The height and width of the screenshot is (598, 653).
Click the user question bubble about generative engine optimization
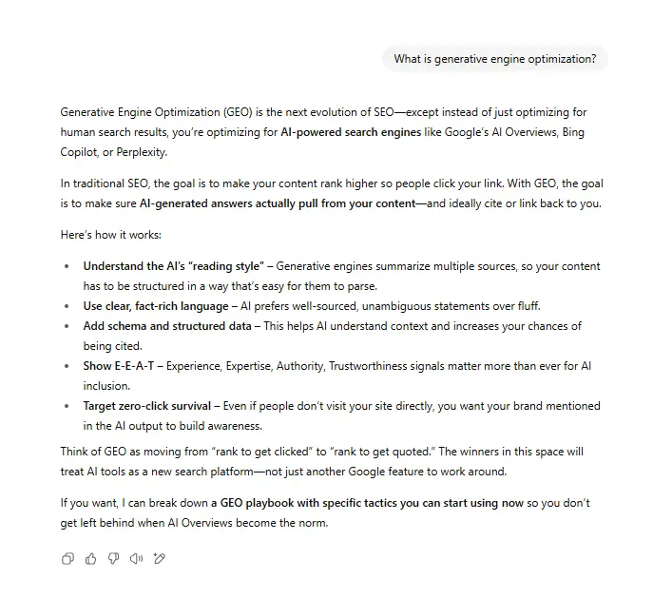coord(494,59)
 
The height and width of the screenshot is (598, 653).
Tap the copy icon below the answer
coord(67,559)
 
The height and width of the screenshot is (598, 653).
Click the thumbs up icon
coord(90,559)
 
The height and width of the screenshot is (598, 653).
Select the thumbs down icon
coord(113,559)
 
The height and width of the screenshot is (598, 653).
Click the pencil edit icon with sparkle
coord(160,559)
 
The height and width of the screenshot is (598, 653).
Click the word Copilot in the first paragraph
coord(81,153)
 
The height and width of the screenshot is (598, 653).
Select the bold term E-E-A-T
coord(134,366)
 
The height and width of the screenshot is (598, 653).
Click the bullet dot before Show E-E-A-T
coord(66,366)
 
